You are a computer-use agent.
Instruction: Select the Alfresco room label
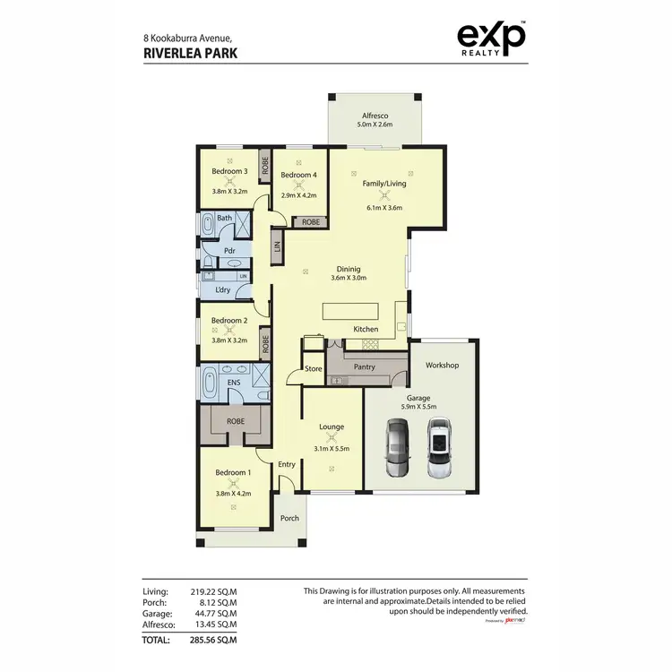click(x=374, y=116)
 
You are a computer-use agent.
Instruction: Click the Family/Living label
click(x=383, y=184)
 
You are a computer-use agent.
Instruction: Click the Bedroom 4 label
click(x=297, y=176)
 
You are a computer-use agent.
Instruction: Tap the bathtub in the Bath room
click(x=208, y=224)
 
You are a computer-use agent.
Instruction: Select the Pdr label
click(x=229, y=251)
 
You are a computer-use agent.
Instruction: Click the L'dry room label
click(x=223, y=291)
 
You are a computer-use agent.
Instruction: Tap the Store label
click(x=313, y=368)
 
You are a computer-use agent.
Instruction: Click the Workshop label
click(x=442, y=366)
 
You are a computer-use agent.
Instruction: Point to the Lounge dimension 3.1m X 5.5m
click(x=332, y=448)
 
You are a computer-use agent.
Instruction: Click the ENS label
click(x=234, y=382)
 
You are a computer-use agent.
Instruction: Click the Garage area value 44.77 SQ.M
click(x=213, y=614)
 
